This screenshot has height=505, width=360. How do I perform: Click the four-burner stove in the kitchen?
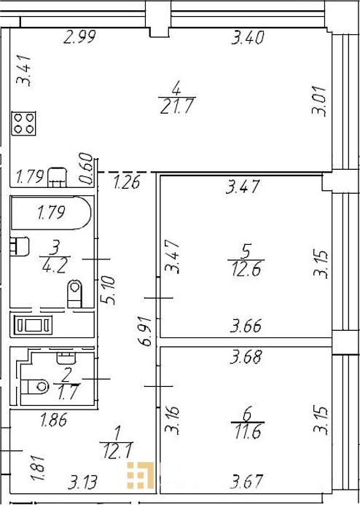pos(23,123)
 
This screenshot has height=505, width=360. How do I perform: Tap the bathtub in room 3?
pos(51,213)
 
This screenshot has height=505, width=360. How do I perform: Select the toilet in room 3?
pos(75,294)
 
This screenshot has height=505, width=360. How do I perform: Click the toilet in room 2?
pos(35,386)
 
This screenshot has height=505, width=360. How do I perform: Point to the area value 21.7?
pos(177,106)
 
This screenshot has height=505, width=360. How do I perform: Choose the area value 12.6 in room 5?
pos(246,269)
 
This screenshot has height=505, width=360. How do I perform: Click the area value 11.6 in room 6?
pos(248,431)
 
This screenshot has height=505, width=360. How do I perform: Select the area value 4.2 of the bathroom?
pos(55,266)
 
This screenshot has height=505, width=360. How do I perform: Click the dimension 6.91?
pos(146,332)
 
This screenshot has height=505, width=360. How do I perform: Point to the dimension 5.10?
pos(108,290)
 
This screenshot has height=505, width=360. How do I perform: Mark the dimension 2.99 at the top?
pos(79,37)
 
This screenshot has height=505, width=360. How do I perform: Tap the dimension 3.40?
pos(248,37)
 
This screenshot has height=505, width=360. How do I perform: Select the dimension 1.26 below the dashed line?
pos(127,182)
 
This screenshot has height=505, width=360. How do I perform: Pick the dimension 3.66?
pos(246,326)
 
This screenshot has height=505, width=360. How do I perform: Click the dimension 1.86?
pos(54,420)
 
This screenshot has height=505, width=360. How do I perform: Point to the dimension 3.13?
pos(82,482)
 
